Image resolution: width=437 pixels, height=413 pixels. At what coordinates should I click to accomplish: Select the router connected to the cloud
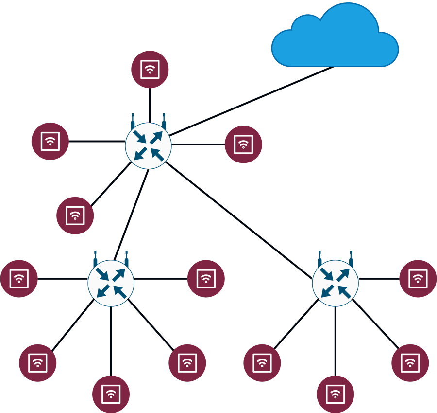point(148,145)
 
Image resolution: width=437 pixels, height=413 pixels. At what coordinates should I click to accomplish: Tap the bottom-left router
point(111,283)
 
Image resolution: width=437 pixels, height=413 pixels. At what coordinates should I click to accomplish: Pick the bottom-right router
point(335,283)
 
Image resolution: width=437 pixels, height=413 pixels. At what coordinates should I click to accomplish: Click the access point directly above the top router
point(150,69)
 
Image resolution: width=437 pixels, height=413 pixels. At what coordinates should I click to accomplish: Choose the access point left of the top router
point(50,141)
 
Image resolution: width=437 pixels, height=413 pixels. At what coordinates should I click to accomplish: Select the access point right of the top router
point(243,144)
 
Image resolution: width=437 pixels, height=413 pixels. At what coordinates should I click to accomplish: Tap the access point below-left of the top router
point(75,215)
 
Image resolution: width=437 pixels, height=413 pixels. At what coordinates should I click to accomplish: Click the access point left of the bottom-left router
point(19,279)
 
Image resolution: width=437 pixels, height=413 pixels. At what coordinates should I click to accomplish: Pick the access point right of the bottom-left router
point(206,279)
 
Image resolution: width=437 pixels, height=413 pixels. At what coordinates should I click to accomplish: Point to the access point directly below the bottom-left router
point(111,394)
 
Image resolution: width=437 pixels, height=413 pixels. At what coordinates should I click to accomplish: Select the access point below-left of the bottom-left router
point(37,363)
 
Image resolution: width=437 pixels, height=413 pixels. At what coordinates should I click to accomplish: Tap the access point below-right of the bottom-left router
point(187,363)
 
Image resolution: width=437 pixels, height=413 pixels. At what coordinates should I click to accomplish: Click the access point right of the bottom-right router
point(418,279)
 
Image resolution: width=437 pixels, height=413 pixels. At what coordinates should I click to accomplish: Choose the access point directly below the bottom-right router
point(335,394)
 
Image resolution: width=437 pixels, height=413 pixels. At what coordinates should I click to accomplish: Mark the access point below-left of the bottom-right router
point(262,363)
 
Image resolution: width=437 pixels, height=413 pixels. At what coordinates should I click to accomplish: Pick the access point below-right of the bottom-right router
point(410,363)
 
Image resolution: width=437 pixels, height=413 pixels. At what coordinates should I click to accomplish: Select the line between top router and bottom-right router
point(239,220)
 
